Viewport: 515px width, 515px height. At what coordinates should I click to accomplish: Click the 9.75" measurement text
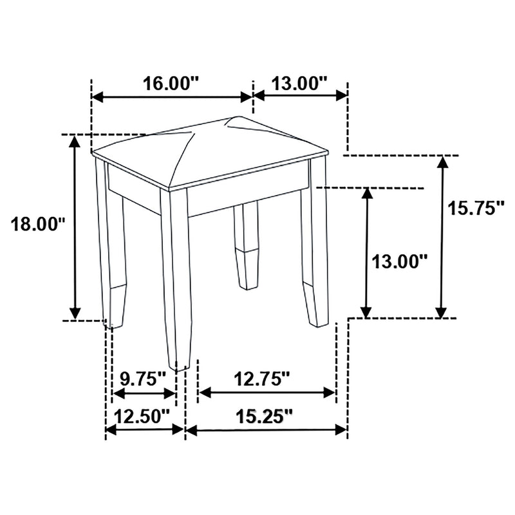pyautogui.click(x=143, y=379)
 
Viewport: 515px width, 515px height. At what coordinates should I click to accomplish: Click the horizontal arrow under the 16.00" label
pyautogui.click(x=171, y=97)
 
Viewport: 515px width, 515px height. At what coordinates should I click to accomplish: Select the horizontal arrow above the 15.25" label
pyautogui.click(x=267, y=430)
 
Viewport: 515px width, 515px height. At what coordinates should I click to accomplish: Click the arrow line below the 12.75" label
pyautogui.click(x=267, y=392)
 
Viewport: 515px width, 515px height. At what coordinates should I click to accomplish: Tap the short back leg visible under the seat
pyautogui.click(x=247, y=245)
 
